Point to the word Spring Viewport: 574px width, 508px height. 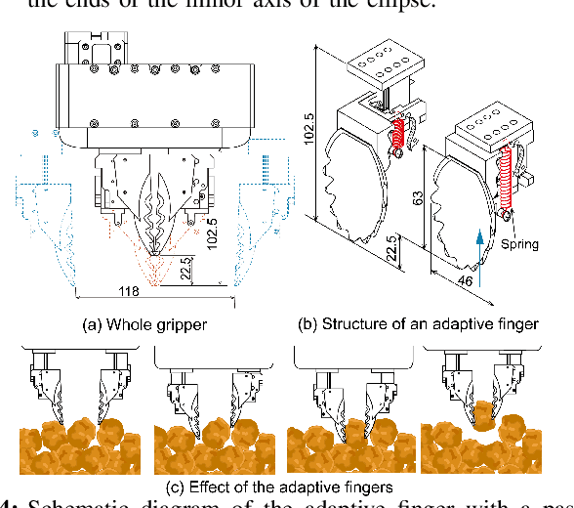point(518,244)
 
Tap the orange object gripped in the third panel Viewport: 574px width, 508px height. point(352,431)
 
